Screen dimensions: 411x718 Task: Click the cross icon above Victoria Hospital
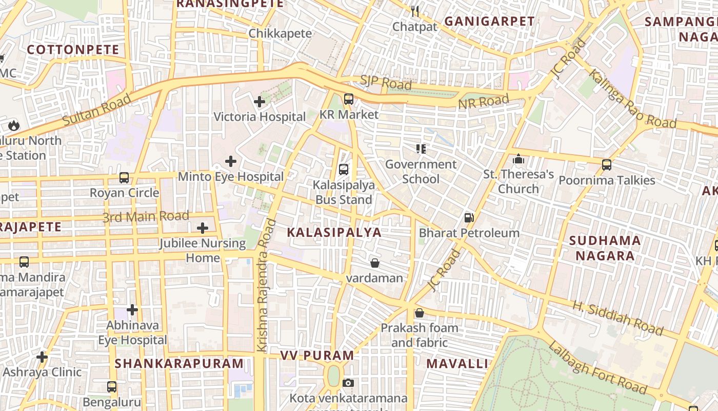tap(260, 102)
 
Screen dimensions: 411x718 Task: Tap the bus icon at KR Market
tap(349, 99)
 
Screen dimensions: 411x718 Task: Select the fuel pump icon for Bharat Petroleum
tap(469, 217)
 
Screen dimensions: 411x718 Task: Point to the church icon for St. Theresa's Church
tap(518, 159)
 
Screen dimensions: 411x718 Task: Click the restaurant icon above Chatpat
tap(415, 11)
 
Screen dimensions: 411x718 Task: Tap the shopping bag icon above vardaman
tap(375, 263)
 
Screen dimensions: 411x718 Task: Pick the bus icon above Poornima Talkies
tap(607, 165)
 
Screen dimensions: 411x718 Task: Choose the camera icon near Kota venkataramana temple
tap(348, 383)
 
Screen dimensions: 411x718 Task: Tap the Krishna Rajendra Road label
tap(267, 286)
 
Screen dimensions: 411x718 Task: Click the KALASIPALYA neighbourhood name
tap(334, 232)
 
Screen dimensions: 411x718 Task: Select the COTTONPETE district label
tap(73, 50)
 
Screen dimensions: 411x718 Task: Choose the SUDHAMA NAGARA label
tap(605, 248)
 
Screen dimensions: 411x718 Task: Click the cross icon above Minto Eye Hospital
tap(231, 161)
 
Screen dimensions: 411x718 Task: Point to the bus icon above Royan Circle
tap(124, 178)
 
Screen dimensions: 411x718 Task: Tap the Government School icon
tap(421, 149)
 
